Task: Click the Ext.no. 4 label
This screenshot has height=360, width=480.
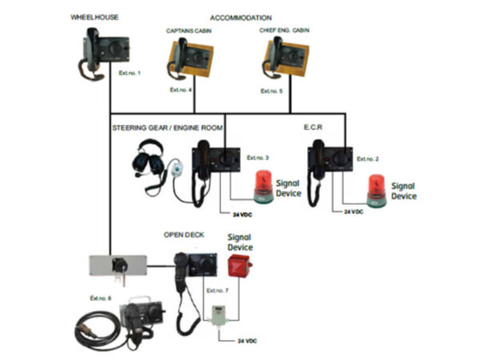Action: [181, 90]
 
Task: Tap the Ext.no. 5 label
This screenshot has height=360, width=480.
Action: [272, 92]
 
